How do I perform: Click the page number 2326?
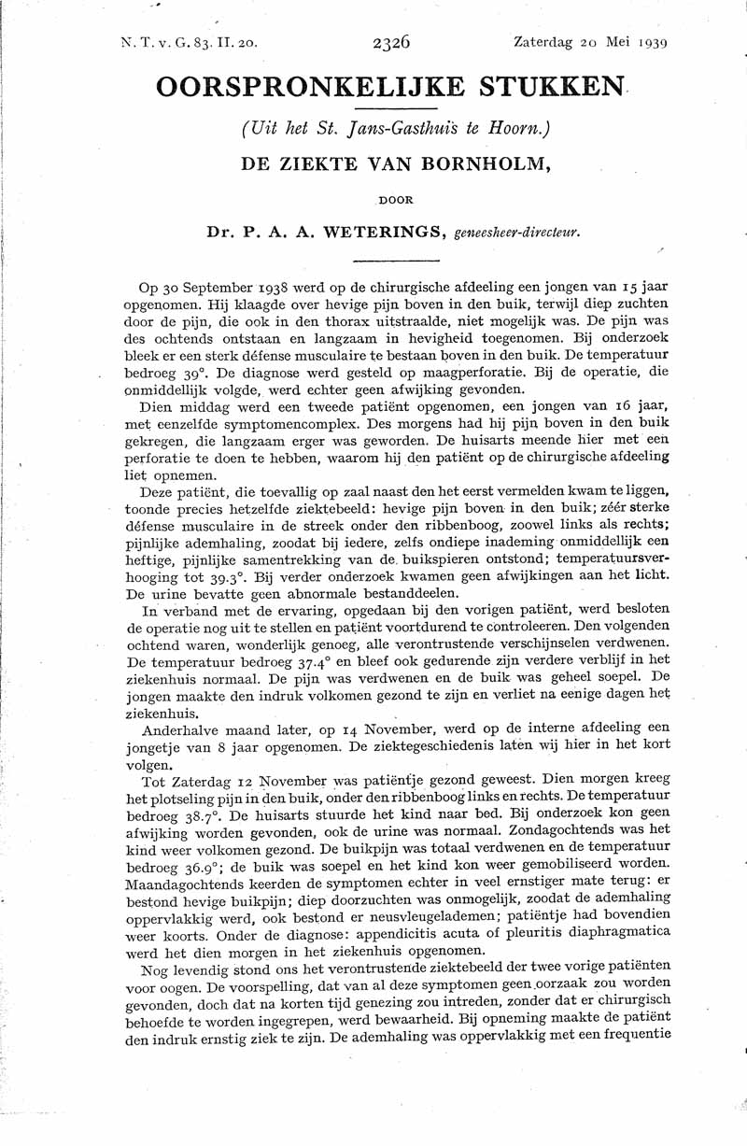coord(391,42)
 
